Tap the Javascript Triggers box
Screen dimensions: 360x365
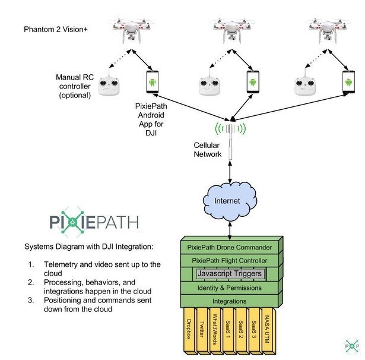click(230, 274)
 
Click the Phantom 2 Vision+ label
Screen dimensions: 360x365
click(56, 29)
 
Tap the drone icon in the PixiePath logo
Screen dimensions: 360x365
click(73, 223)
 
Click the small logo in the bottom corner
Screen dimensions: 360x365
click(351, 345)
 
